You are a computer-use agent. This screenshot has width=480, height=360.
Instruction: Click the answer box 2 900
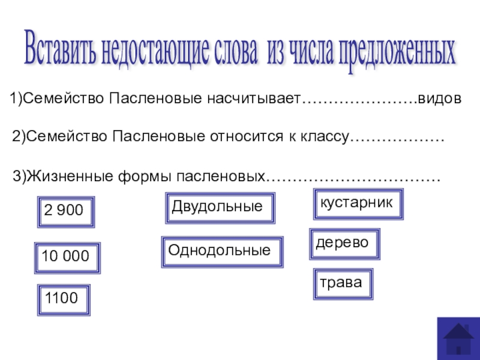[66, 212]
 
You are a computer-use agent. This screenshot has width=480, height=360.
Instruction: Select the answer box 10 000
[67, 258]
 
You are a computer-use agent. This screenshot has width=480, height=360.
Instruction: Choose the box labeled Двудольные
[220, 208]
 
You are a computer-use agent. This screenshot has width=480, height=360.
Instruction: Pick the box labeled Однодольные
[222, 251]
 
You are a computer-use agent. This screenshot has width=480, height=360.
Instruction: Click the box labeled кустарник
[358, 204]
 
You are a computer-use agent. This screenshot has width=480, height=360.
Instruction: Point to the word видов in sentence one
[439, 98]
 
